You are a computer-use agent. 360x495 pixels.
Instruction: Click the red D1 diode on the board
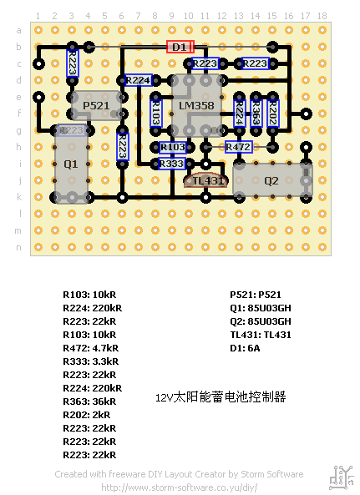(180, 47)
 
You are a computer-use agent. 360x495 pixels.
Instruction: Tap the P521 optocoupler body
(97, 105)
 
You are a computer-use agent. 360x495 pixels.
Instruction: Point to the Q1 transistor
(71, 164)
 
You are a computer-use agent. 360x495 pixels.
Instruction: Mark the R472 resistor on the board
(238, 147)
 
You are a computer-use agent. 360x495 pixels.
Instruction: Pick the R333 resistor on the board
(171, 164)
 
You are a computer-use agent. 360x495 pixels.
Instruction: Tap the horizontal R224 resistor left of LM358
(138, 80)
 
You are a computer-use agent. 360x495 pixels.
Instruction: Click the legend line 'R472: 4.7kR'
(90, 348)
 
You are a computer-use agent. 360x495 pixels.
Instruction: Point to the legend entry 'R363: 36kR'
(90, 402)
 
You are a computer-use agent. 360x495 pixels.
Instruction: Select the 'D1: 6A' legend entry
(246, 348)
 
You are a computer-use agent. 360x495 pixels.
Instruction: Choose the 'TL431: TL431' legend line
(261, 335)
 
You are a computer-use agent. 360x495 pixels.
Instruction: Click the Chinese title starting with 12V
(221, 397)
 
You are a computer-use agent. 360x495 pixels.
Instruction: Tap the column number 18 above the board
(322, 16)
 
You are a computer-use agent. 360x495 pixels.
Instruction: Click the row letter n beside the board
(19, 247)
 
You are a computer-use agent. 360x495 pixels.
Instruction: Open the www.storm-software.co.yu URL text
(179, 487)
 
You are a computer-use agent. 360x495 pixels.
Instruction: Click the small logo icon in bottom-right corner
(341, 477)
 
